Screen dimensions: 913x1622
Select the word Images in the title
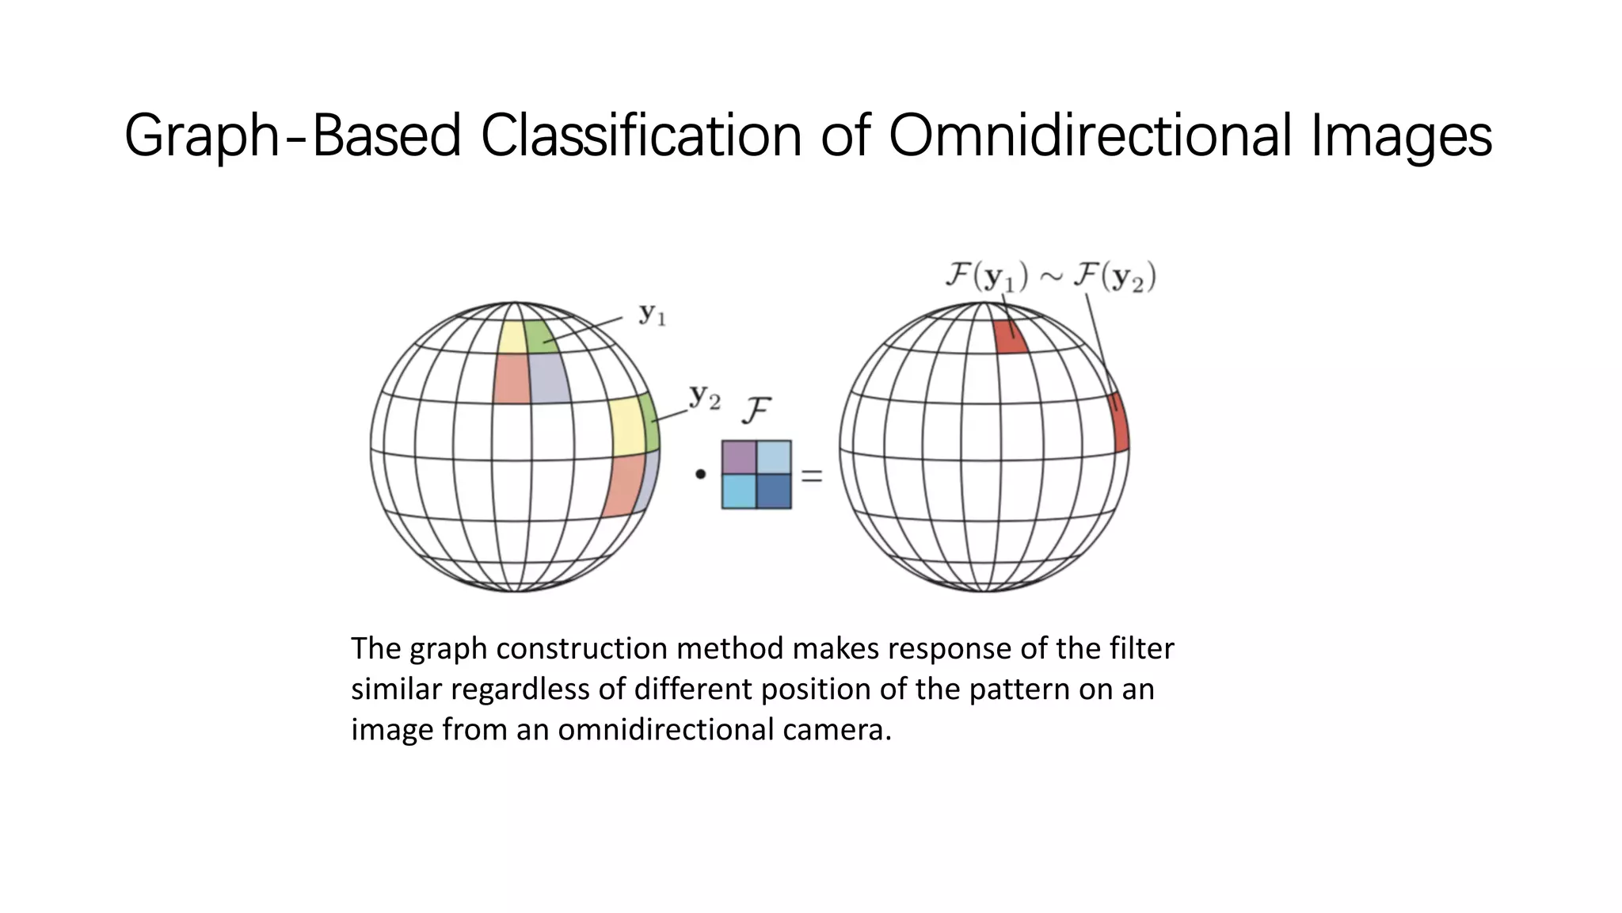[x=1401, y=136]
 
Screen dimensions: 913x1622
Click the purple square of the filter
[x=739, y=457]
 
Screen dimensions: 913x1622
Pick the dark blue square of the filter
[x=774, y=491]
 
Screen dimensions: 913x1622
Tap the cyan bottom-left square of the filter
[x=739, y=491]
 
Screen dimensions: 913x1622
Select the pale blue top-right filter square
[x=774, y=457]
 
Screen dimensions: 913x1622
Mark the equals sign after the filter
[x=812, y=476]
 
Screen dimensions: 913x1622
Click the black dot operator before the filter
[x=700, y=475]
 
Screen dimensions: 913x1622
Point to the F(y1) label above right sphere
[x=987, y=277]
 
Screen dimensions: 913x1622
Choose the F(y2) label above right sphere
[x=1114, y=277]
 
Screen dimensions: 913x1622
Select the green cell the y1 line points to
[x=539, y=337]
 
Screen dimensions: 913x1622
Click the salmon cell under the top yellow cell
[x=512, y=378]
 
